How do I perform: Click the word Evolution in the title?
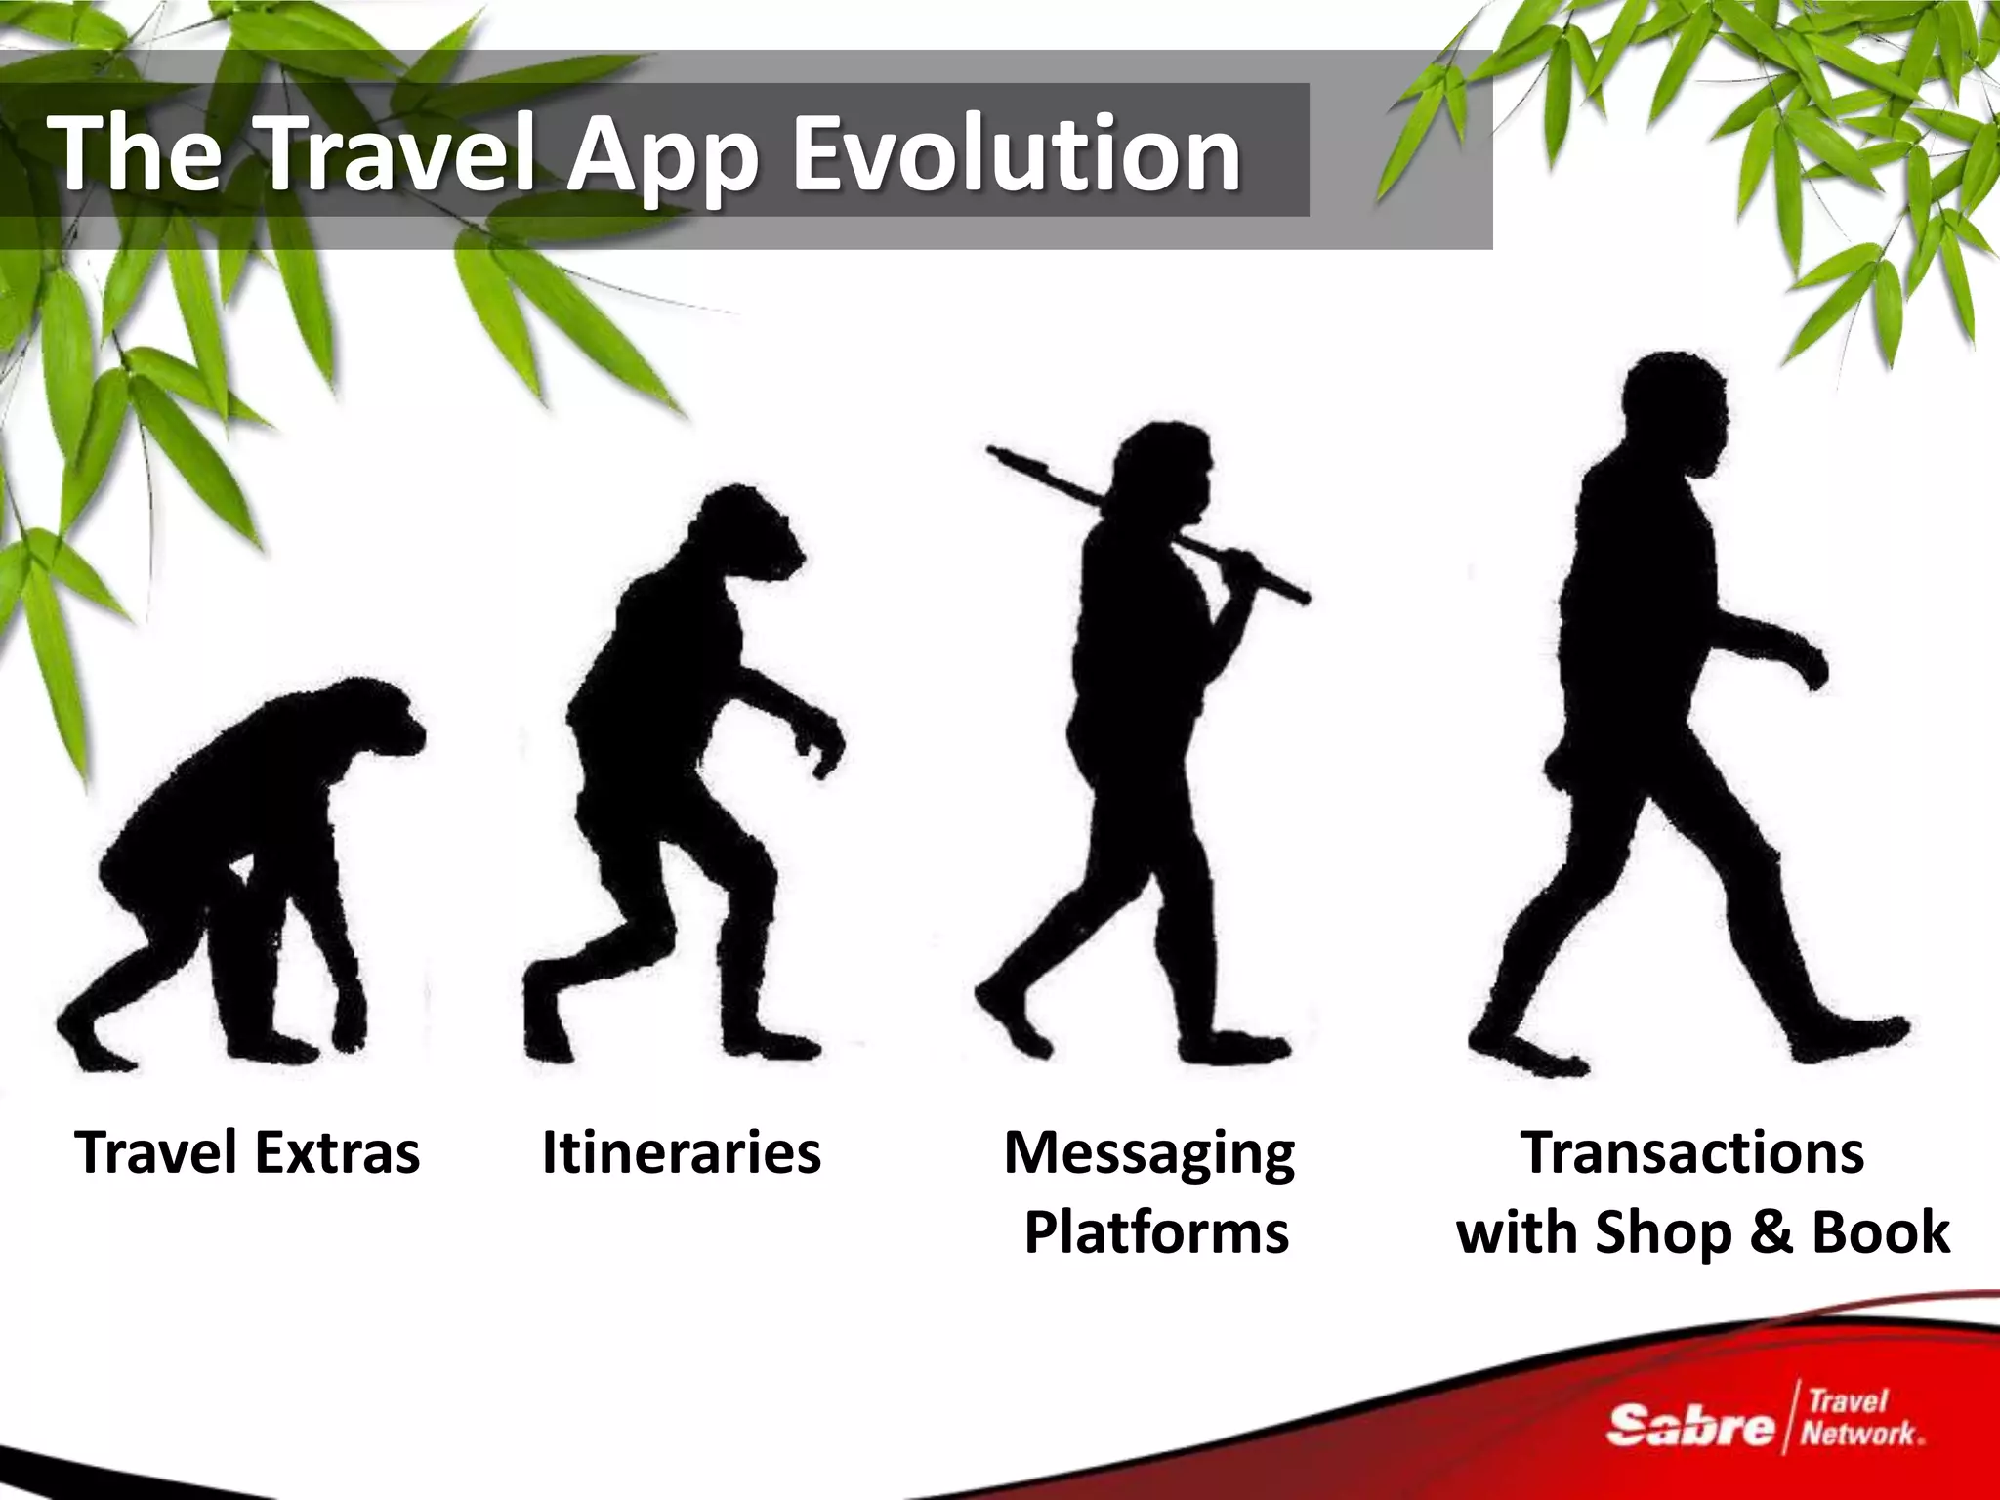tap(1016, 154)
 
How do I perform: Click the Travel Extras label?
tap(247, 1152)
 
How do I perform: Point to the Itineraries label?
tap(681, 1152)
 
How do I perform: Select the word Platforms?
tap(1156, 1232)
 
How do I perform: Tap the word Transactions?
tap(1692, 1152)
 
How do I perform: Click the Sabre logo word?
tap(1689, 1427)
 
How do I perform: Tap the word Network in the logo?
tap(1860, 1434)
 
